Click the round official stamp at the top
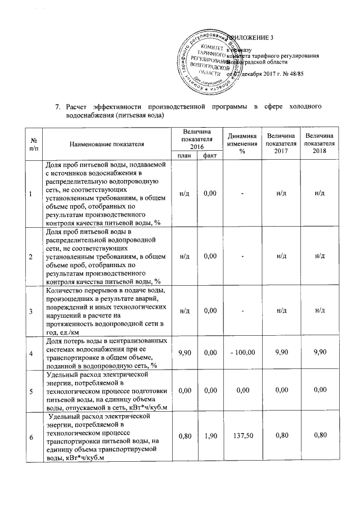209,58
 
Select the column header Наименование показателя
107,144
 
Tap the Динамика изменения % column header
242,144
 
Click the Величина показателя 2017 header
281,144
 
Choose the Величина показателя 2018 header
319,144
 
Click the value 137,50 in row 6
242,435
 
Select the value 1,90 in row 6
210,435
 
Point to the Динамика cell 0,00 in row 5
242,390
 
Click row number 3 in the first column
31,311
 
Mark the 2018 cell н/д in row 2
319,256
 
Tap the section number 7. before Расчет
57,106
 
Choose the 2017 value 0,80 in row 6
281,435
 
